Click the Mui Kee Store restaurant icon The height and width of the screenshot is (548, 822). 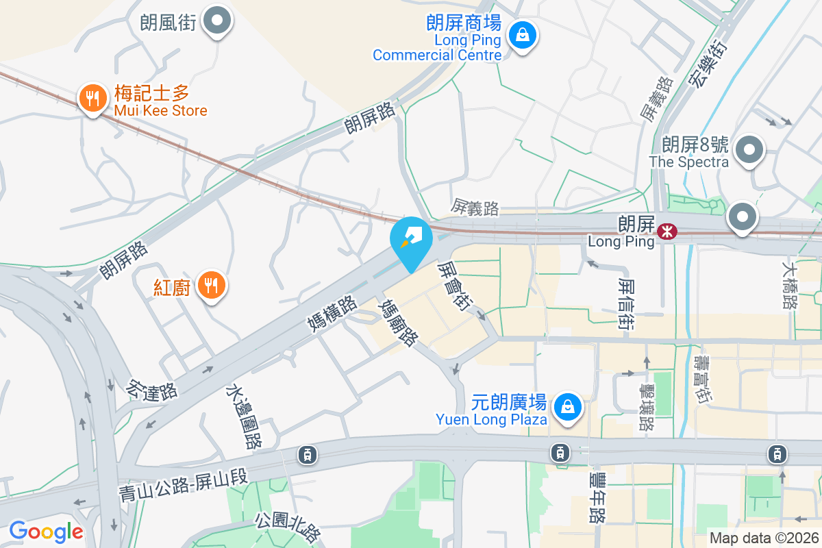(x=92, y=99)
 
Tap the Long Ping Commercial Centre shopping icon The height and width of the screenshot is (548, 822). (x=523, y=34)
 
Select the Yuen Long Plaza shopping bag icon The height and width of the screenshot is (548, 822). (x=568, y=407)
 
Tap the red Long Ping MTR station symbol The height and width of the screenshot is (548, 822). (x=665, y=232)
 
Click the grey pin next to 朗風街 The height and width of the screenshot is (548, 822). (x=219, y=21)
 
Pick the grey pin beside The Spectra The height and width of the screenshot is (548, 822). (x=750, y=149)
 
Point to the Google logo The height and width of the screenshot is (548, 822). (x=46, y=532)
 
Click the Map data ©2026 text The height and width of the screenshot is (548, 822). (x=764, y=538)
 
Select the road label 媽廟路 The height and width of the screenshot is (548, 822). (x=398, y=322)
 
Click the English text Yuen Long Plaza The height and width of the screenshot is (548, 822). (x=491, y=419)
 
